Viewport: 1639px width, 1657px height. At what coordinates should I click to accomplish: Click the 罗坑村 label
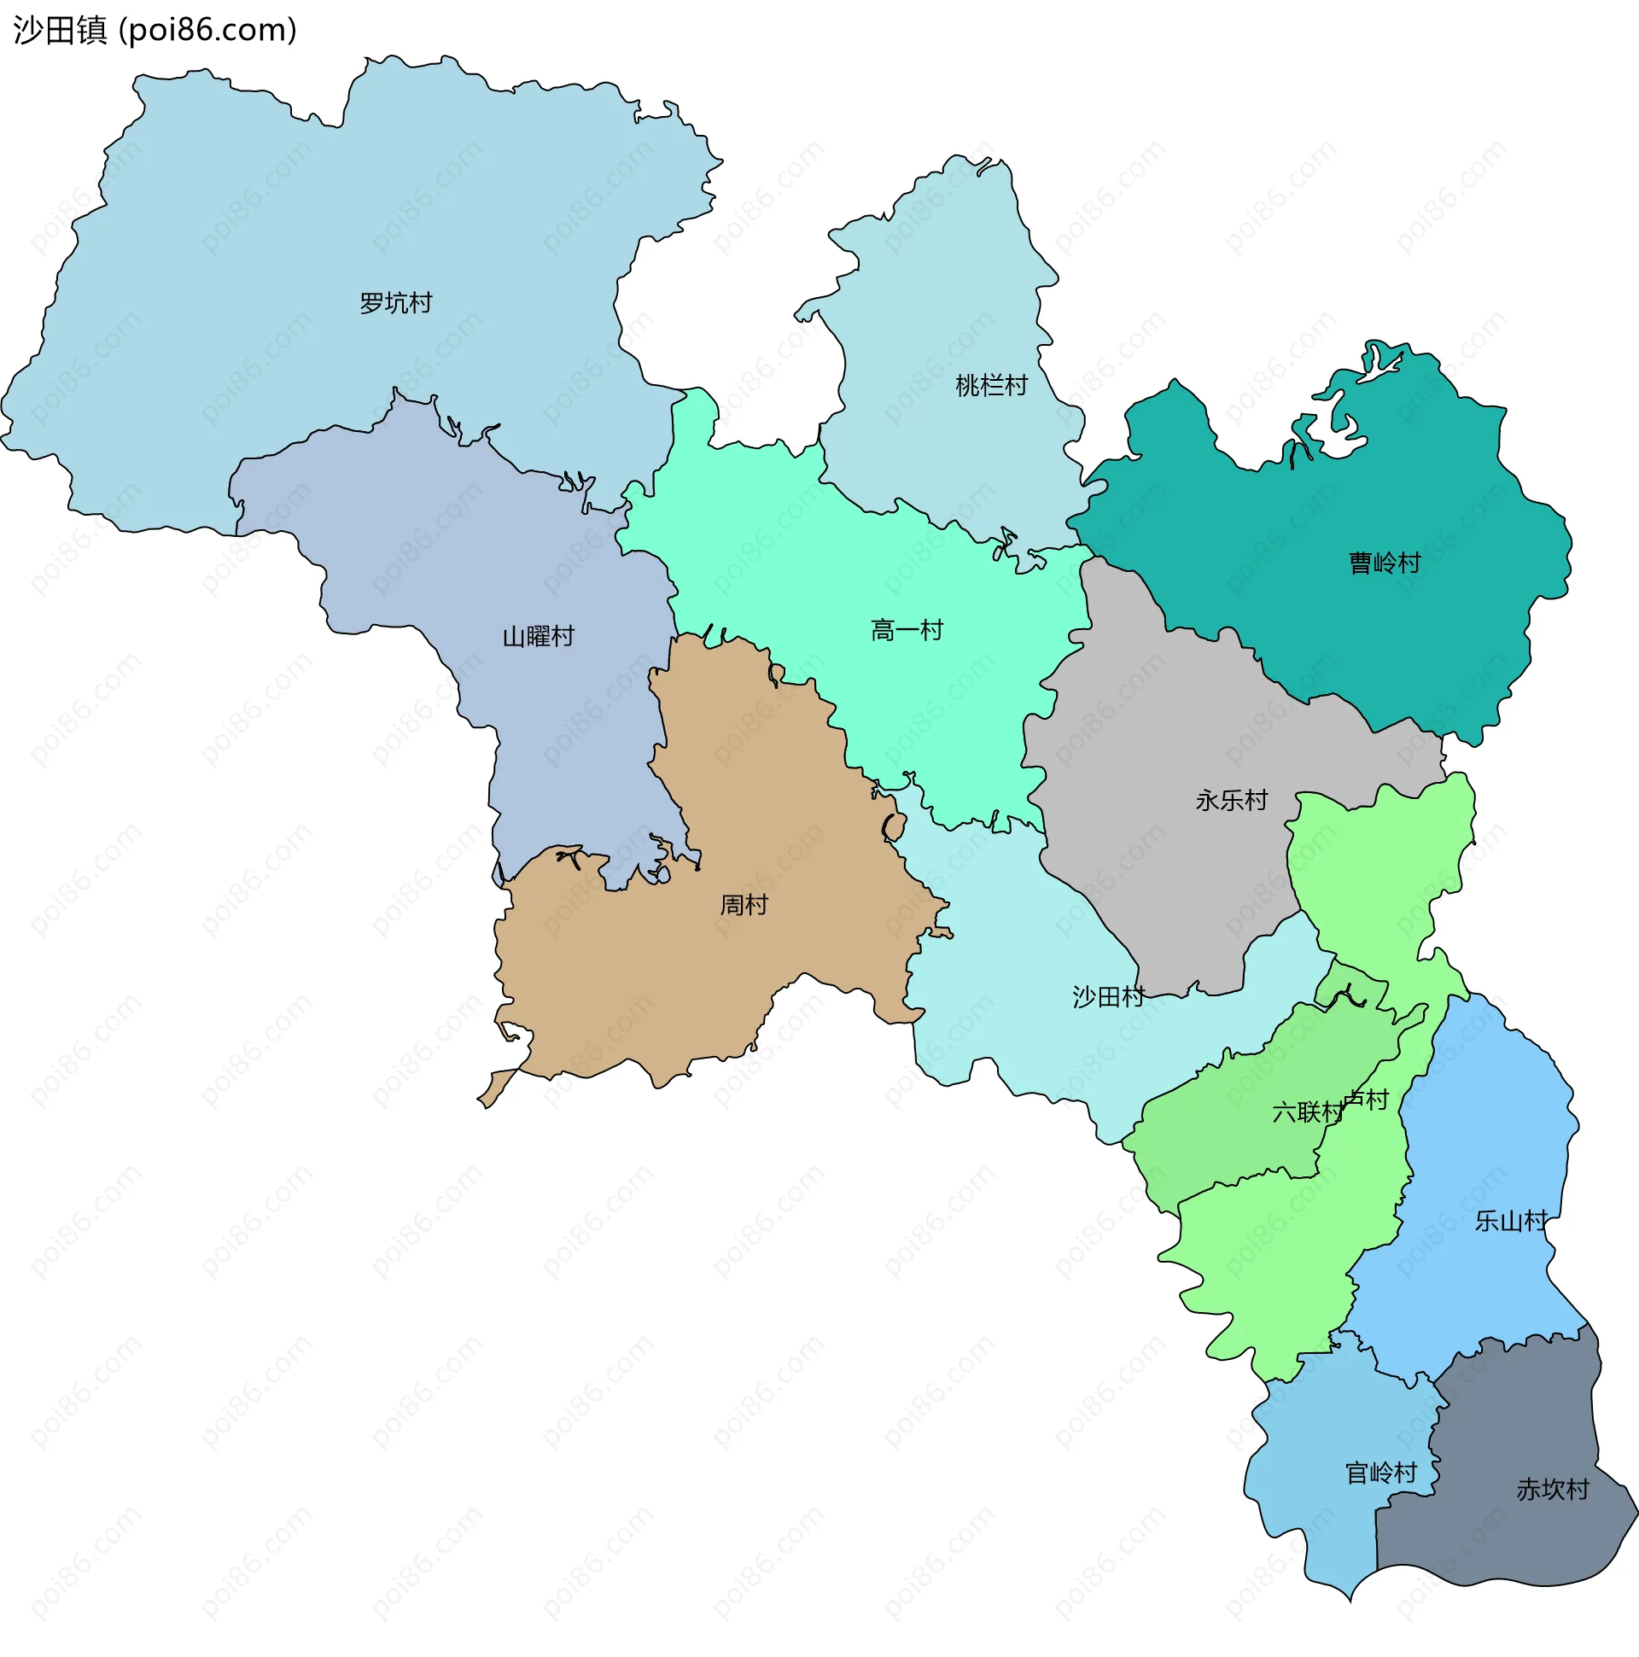click(395, 303)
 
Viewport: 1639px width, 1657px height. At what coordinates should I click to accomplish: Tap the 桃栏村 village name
click(991, 385)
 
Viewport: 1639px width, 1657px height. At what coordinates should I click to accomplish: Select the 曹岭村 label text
click(1385, 563)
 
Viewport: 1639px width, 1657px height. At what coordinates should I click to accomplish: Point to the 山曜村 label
click(538, 636)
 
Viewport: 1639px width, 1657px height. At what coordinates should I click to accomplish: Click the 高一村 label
click(907, 630)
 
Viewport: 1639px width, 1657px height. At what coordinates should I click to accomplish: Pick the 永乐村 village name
click(1232, 800)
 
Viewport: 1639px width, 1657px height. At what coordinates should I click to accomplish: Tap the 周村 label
click(744, 905)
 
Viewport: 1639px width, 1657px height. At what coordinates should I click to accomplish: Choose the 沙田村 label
click(1108, 996)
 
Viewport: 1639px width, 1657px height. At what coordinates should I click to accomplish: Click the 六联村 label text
click(1307, 1112)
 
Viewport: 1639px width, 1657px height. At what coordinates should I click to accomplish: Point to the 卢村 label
click(1368, 1100)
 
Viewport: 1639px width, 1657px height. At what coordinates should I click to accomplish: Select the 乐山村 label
click(1511, 1221)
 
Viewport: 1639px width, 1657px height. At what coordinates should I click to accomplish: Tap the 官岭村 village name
click(1381, 1473)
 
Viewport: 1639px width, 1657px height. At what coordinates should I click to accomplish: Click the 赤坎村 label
click(1553, 1489)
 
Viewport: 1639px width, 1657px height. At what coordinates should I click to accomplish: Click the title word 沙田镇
click(60, 30)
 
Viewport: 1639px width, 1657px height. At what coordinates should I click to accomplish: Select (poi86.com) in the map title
click(207, 30)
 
